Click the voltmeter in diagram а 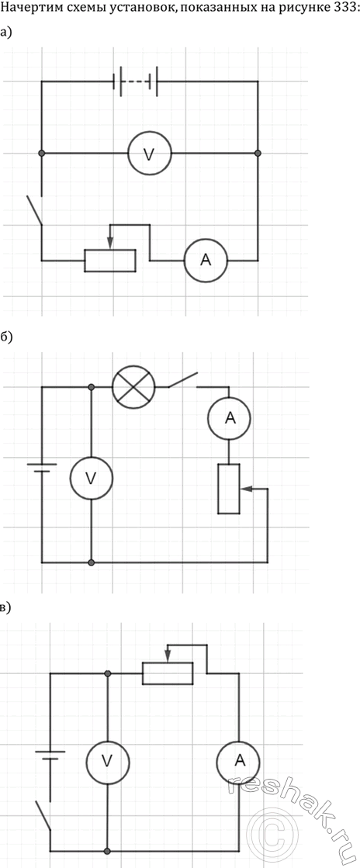tap(150, 154)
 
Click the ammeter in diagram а tap(206, 261)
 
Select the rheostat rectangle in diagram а tap(110, 261)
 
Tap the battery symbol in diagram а tap(136, 81)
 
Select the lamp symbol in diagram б tap(133, 386)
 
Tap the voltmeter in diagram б tap(91, 478)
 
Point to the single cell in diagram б tap(42, 467)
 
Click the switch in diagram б tap(183, 380)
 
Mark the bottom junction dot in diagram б tap(91, 562)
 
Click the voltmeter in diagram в tap(107, 762)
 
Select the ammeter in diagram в tap(239, 762)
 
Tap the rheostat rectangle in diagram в tap(168, 673)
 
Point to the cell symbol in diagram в tap(50, 755)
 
